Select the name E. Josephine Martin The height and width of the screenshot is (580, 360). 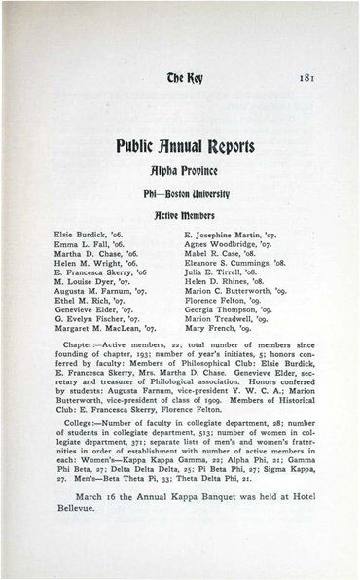(232, 209)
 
